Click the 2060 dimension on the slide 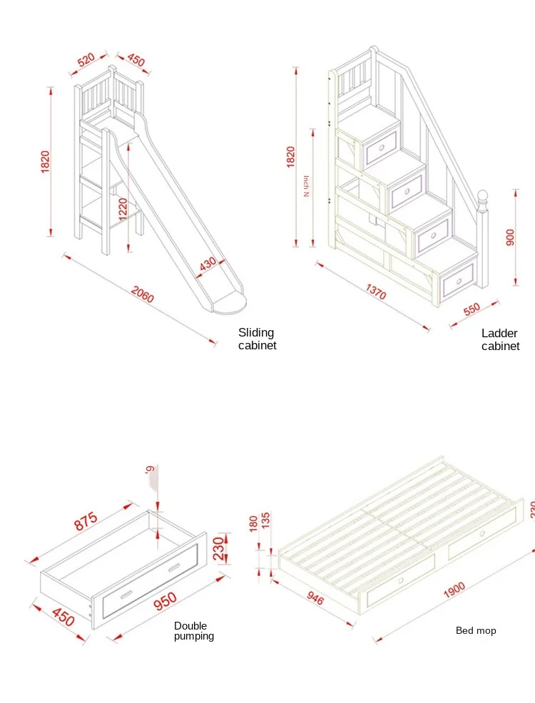[x=143, y=294]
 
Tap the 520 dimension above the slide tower [x=86, y=60]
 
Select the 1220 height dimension [x=123, y=210]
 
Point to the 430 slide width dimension [x=208, y=262]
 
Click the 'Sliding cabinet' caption [x=257, y=339]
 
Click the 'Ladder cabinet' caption [x=500, y=339]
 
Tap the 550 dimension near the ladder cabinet [x=472, y=308]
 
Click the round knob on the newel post [x=483, y=196]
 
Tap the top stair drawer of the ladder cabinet [x=379, y=148]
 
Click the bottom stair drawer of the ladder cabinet [x=458, y=278]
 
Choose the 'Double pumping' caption [x=193, y=630]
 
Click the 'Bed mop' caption [x=476, y=630]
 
